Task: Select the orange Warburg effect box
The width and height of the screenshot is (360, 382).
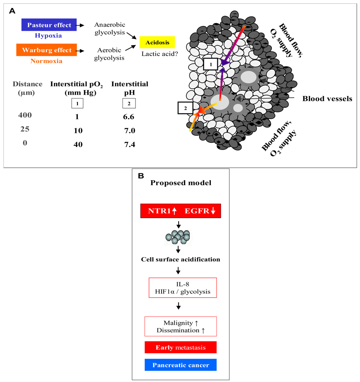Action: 47,50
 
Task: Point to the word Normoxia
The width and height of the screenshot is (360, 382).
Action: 47,61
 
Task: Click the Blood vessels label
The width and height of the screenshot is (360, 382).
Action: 327,99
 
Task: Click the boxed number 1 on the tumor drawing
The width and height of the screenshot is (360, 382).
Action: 210,64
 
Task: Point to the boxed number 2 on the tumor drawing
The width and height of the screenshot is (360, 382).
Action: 186,108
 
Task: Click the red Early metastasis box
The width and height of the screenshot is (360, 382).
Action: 181,347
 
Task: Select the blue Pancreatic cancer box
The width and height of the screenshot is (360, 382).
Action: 181,365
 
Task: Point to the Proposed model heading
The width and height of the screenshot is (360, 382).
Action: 181,183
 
